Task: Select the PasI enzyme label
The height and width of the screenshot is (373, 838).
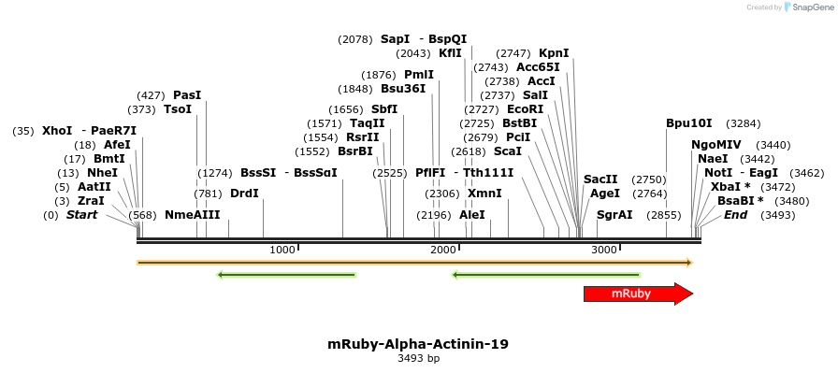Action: pyautogui.click(x=187, y=95)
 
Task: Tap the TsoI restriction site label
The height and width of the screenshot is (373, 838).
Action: pyautogui.click(x=178, y=109)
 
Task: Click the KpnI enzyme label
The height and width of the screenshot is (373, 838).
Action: pyautogui.click(x=554, y=53)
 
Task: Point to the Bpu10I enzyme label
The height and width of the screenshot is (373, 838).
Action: pyautogui.click(x=688, y=123)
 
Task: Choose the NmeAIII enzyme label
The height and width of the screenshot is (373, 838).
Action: pyautogui.click(x=192, y=215)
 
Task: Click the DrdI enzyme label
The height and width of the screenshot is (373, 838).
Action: pyautogui.click(x=244, y=194)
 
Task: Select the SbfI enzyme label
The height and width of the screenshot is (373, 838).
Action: pyautogui.click(x=384, y=109)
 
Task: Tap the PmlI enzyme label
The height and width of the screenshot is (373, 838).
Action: pyautogui.click(x=419, y=75)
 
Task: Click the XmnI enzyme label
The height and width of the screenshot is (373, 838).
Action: pyautogui.click(x=484, y=194)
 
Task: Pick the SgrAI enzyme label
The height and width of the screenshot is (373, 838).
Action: pyautogui.click(x=614, y=215)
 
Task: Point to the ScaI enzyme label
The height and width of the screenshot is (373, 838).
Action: pyautogui.click(x=507, y=151)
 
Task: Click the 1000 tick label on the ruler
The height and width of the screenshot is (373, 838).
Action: pyautogui.click(x=282, y=250)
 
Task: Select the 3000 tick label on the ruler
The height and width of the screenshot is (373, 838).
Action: pyautogui.click(x=604, y=250)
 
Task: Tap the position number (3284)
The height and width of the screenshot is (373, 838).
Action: pyautogui.click(x=744, y=123)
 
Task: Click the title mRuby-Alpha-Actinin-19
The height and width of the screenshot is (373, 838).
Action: pyautogui.click(x=418, y=344)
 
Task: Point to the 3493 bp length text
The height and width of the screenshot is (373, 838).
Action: pyautogui.click(x=418, y=358)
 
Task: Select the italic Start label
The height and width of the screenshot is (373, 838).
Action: pyautogui.click(x=81, y=215)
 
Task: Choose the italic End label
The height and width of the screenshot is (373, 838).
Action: pyautogui.click(x=736, y=215)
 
